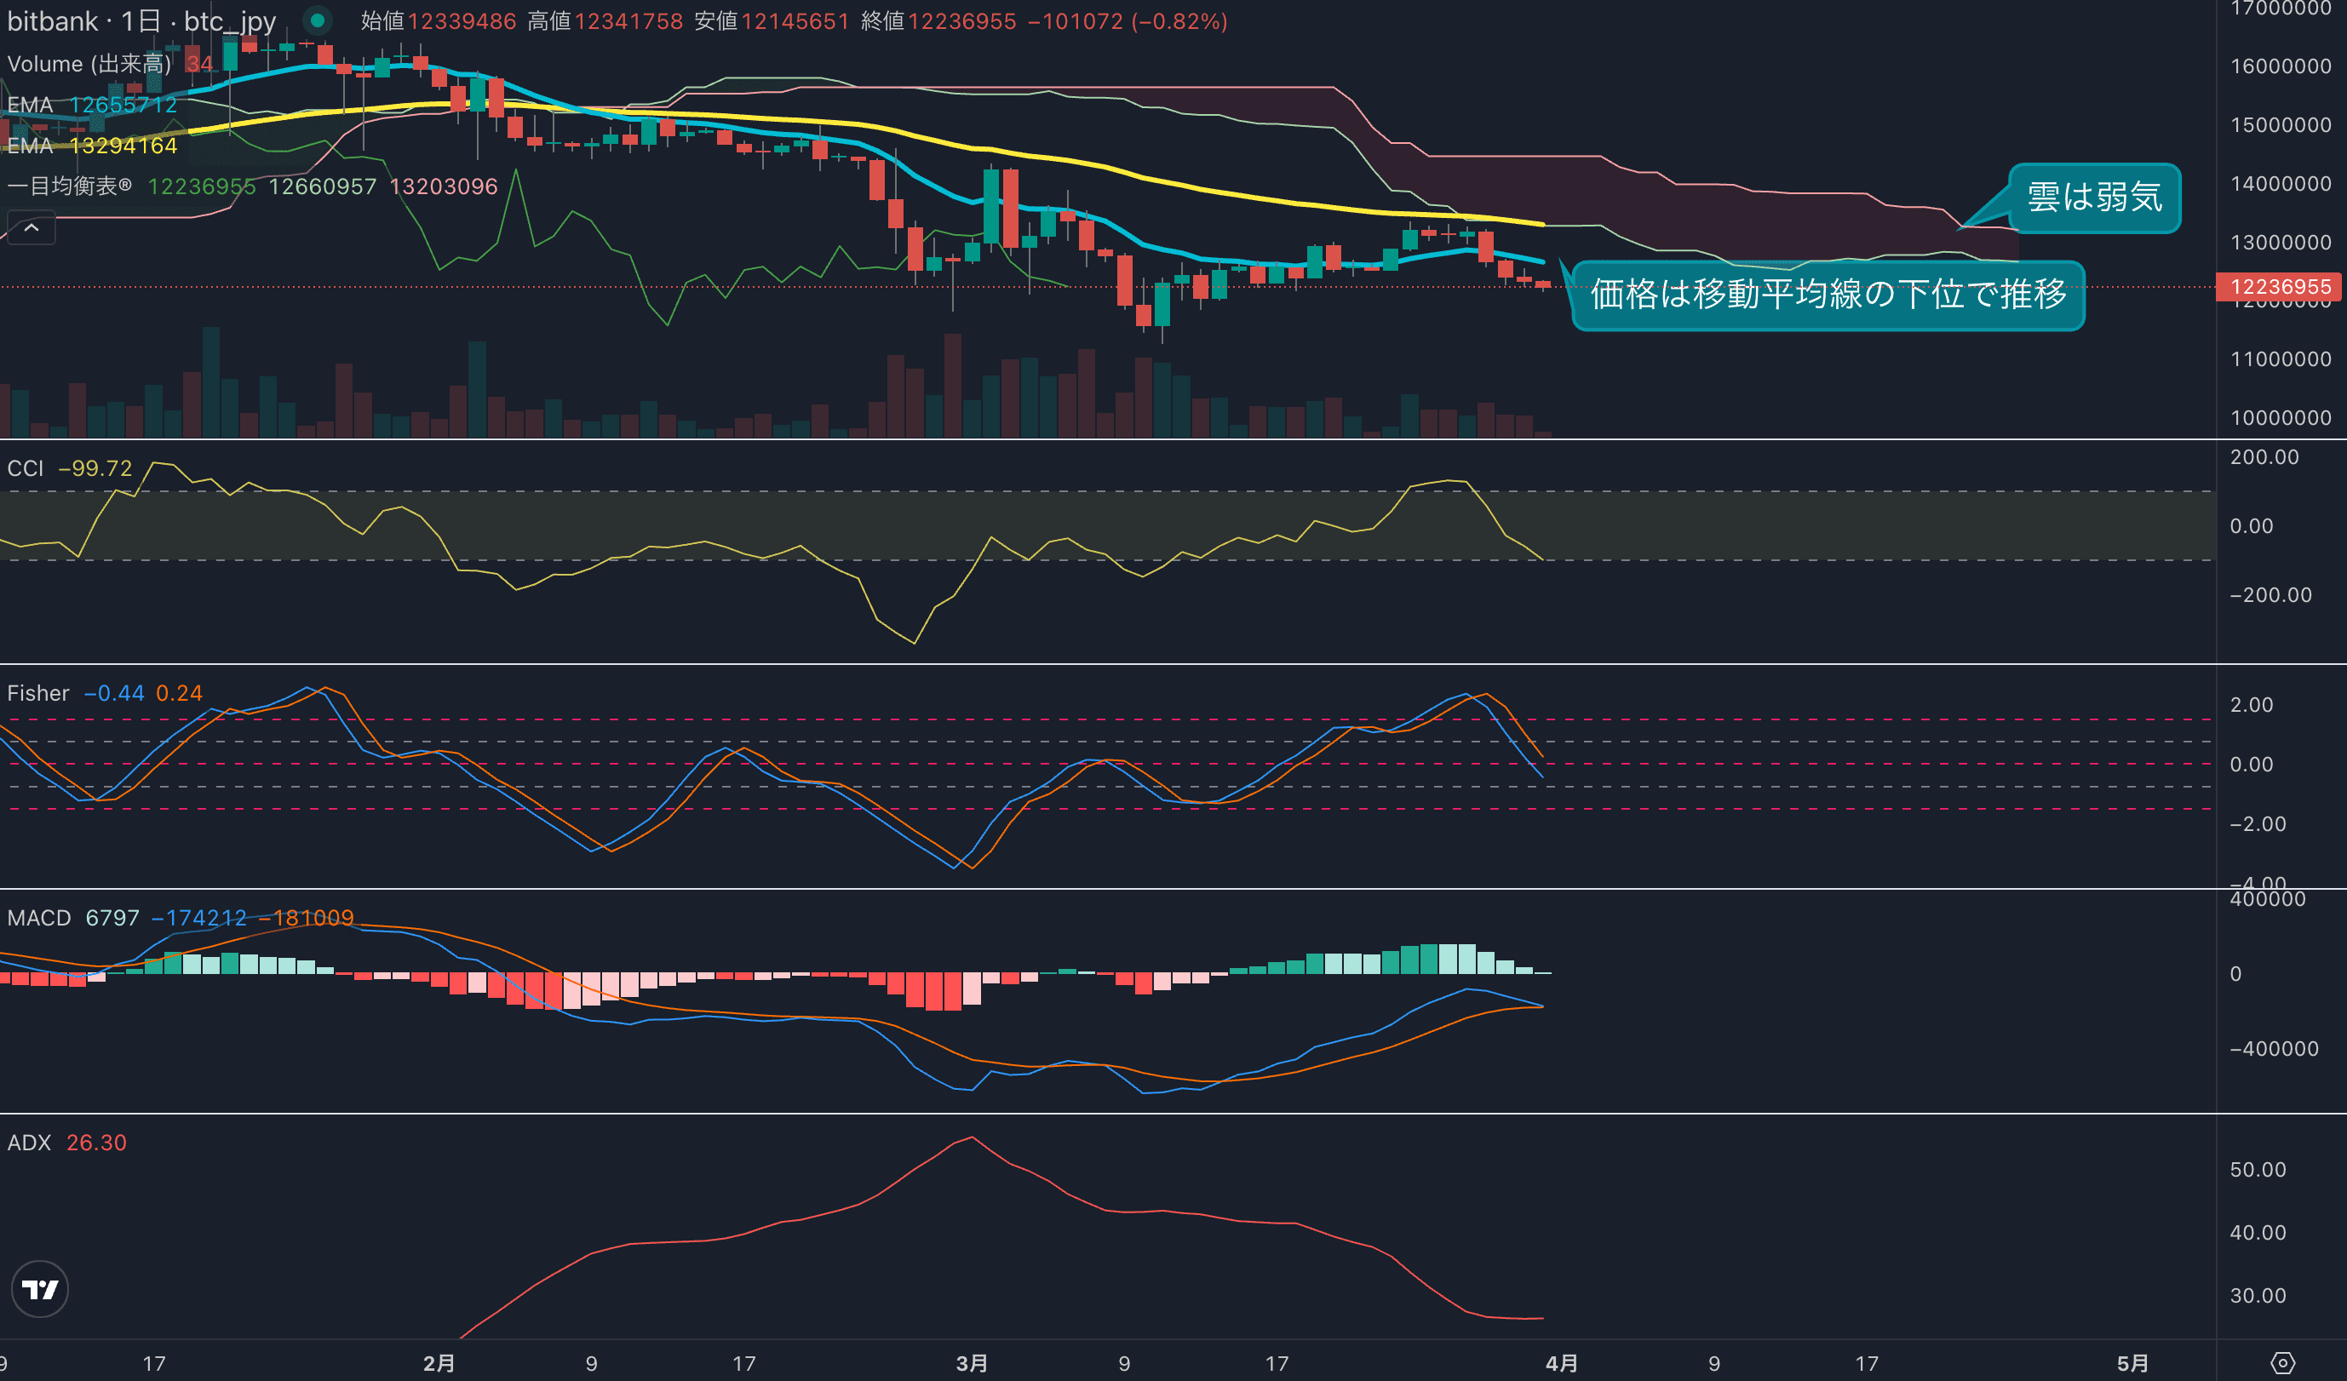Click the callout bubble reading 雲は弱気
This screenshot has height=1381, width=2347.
pos(2094,198)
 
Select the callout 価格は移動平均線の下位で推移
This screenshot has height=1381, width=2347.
pos(1828,295)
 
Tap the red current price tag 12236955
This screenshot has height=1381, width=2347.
pos(2279,287)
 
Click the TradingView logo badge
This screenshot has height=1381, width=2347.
pos(40,1289)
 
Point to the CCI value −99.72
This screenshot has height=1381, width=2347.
pos(95,468)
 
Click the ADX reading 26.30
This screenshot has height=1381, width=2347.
pos(96,1143)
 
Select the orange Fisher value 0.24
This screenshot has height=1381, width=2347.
pos(179,693)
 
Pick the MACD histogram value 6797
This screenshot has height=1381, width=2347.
pos(112,918)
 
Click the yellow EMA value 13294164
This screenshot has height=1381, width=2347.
pos(123,146)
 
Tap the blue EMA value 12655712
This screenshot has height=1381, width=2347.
pos(123,104)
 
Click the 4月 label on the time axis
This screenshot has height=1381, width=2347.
pos(1561,1363)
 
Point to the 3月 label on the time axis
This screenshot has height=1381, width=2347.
pos(972,1363)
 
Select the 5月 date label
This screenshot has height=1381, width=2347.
pos(2132,1363)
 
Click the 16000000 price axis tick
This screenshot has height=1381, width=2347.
pos(2280,66)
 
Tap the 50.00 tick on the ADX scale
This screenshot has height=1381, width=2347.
pos(2258,1170)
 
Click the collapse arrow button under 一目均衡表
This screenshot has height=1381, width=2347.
pos(32,227)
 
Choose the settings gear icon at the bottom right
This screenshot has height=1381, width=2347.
pos(2283,1363)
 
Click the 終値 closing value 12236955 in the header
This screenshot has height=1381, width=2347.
pos(962,21)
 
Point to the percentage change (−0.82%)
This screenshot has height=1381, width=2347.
pos(1179,21)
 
